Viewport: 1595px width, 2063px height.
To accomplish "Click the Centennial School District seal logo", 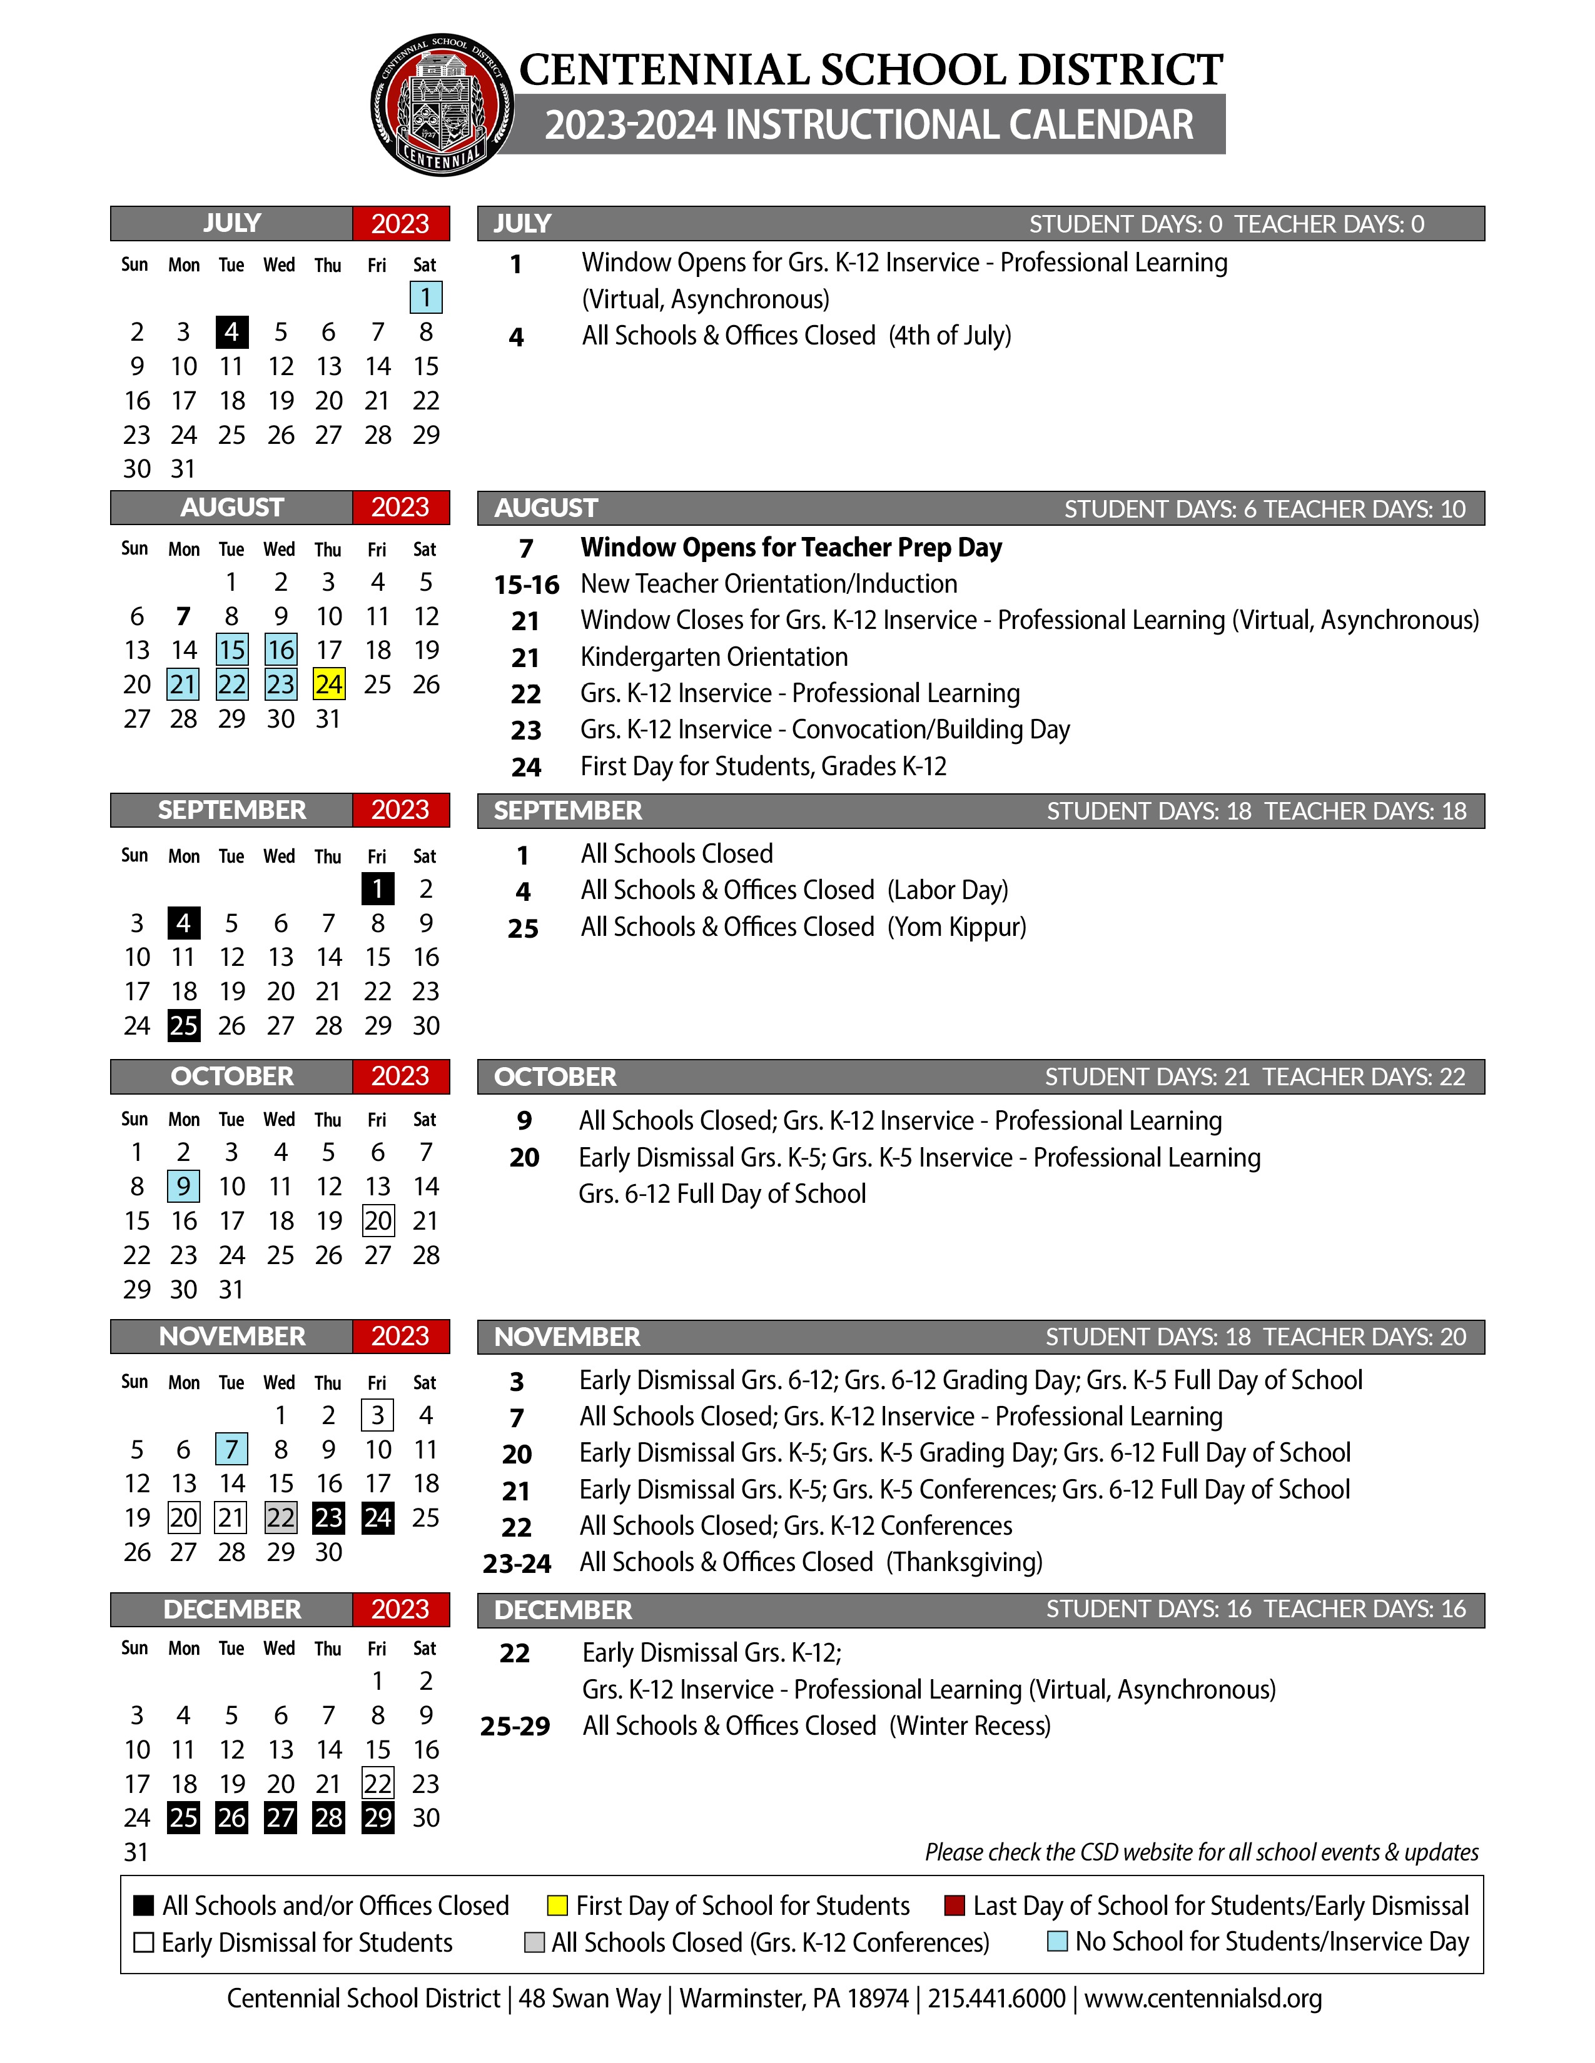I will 441,105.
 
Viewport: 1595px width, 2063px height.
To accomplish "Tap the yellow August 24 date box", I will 329,684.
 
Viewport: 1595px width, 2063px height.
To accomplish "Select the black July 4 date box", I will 231,331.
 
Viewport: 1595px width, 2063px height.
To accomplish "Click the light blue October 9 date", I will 183,1187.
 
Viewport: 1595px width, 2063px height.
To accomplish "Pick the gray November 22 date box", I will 281,1518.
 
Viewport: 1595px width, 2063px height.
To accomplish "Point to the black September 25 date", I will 183,1026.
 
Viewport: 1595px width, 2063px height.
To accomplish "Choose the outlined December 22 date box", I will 378,1784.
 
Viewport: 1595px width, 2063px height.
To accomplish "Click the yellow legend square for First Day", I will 557,1905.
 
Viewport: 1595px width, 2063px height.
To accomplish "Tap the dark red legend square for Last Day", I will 954,1905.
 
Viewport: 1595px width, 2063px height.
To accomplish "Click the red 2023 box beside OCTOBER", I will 401,1076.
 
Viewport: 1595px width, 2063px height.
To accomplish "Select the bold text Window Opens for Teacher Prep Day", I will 791,547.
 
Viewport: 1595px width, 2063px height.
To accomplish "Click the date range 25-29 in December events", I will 515,1727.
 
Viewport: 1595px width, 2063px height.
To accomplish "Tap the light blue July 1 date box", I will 426,298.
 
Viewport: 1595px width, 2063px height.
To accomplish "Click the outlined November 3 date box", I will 378,1415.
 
